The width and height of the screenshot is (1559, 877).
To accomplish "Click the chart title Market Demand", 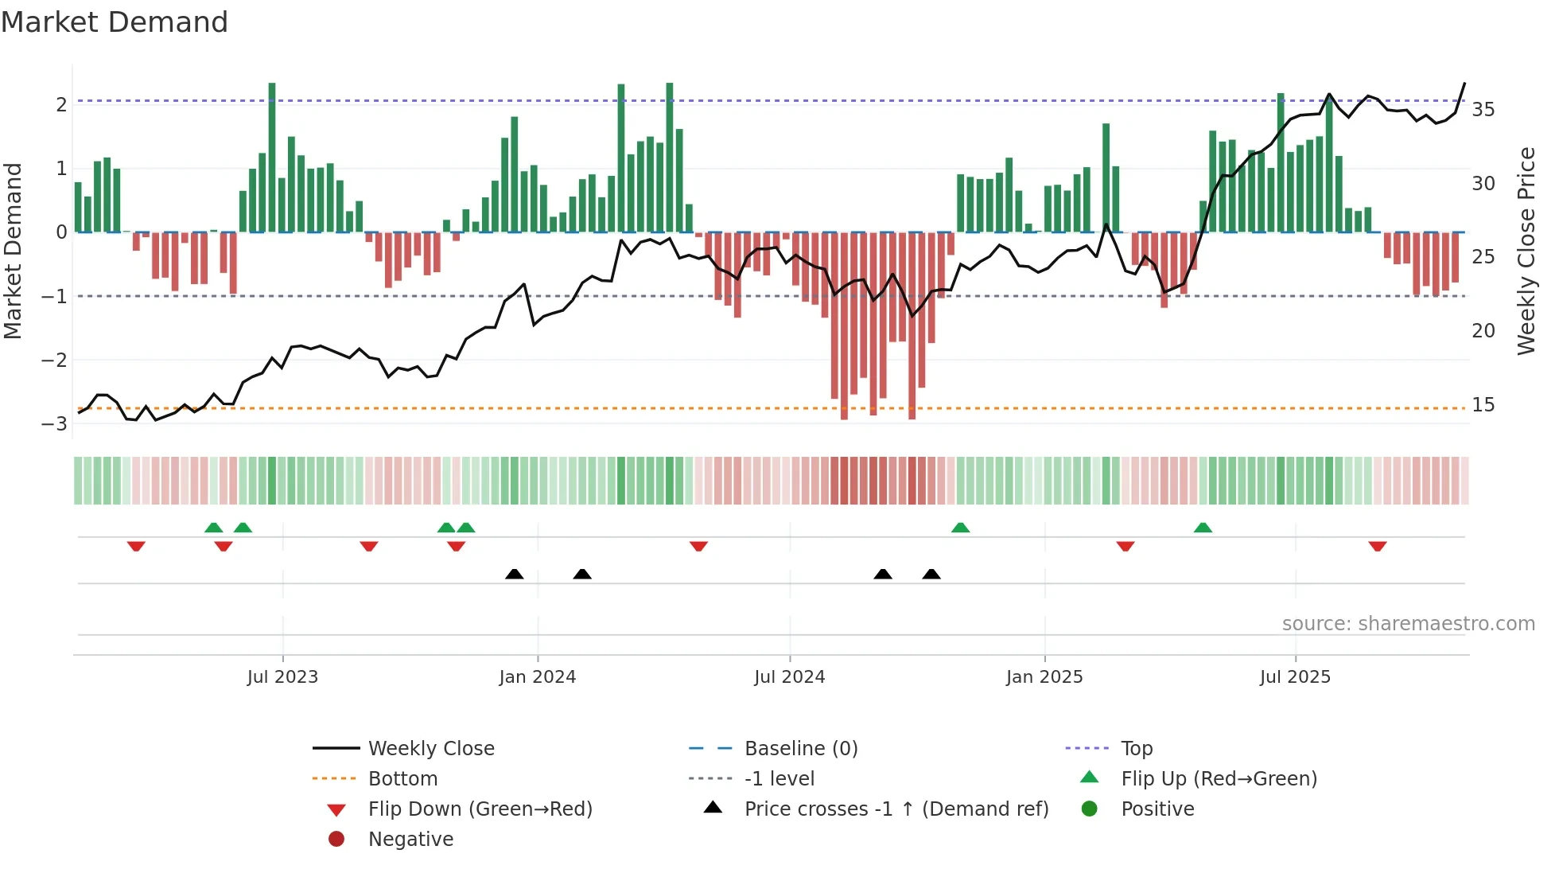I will click(115, 22).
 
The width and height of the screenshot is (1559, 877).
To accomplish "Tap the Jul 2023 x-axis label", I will click(282, 676).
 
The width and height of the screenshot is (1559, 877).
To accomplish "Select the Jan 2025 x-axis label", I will click(1044, 676).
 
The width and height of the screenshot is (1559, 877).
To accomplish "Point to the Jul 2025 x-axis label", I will click(1295, 676).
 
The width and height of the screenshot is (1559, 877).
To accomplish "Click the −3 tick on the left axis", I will click(54, 423).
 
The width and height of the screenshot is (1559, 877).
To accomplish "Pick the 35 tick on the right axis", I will click(1483, 109).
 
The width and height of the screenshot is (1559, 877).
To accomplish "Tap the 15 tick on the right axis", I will click(1483, 404).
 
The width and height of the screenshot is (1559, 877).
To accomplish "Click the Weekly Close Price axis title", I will click(1526, 251).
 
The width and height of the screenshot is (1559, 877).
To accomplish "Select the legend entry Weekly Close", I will click(431, 748).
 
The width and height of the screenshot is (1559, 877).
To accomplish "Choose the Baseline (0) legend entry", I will click(801, 748).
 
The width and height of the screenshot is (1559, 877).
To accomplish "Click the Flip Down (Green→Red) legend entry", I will click(480, 809).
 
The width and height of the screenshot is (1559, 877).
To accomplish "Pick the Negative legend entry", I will click(410, 839).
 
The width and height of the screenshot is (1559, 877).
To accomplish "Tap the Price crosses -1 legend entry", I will click(896, 809).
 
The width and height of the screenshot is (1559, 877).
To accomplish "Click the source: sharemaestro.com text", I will click(1408, 623).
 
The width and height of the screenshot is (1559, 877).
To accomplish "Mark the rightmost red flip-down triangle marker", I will click(1378, 546).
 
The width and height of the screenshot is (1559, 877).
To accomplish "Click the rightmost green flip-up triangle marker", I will click(1203, 528).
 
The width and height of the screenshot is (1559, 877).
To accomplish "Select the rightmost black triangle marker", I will click(931, 574).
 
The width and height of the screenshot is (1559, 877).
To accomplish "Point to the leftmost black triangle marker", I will click(515, 574).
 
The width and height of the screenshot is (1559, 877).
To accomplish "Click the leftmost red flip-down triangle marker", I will click(136, 546).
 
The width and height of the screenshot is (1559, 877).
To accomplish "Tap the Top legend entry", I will click(1137, 748).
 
